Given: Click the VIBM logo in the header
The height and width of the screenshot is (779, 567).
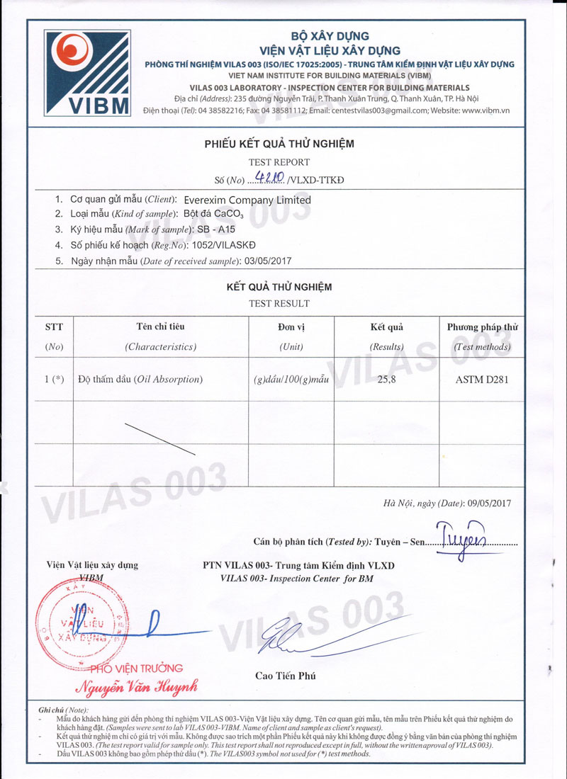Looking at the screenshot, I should [88, 73].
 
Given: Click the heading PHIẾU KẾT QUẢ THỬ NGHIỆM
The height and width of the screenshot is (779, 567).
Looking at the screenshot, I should [279, 144].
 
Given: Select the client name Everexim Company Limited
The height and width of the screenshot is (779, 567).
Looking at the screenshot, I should [242, 200].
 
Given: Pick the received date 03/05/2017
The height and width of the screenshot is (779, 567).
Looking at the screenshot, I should [267, 261].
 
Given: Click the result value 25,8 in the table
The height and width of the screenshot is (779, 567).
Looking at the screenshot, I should [386, 380].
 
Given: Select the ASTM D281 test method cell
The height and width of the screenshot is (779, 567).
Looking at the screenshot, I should [481, 380].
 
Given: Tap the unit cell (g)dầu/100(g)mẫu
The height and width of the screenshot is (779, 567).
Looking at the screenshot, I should [291, 380].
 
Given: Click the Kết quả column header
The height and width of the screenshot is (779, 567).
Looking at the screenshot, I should [386, 327].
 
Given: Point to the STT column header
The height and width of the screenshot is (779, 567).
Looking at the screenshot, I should [54, 327].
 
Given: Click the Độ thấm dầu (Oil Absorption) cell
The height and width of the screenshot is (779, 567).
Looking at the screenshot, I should [140, 380].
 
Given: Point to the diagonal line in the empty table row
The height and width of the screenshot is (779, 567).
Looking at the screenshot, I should [159, 438].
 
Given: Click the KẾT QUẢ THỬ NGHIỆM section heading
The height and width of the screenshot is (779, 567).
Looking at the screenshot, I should [279, 288].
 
